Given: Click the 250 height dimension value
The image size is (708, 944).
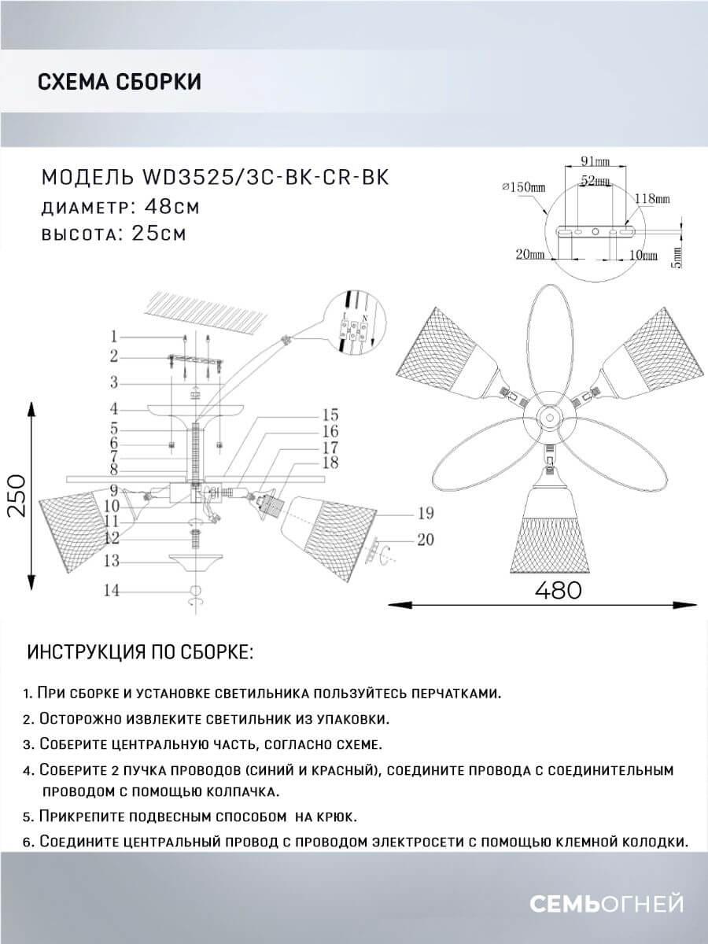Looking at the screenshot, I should pyautogui.click(x=17, y=496).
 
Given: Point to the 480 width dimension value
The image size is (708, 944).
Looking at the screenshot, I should pyautogui.click(x=559, y=589).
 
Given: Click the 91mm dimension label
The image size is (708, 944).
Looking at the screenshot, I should pyautogui.click(x=595, y=162).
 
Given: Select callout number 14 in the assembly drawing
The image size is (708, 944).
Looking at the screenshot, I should pyautogui.click(x=113, y=591).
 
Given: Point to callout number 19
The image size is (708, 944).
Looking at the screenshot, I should pyautogui.click(x=426, y=514).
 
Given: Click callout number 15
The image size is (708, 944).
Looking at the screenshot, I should pyautogui.click(x=330, y=415).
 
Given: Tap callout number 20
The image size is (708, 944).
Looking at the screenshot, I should pyautogui.click(x=426, y=540).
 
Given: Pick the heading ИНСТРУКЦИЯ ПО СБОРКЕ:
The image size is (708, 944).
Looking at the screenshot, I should pyautogui.click(x=140, y=652).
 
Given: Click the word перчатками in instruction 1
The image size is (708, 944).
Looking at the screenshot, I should pyautogui.click(x=455, y=693).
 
